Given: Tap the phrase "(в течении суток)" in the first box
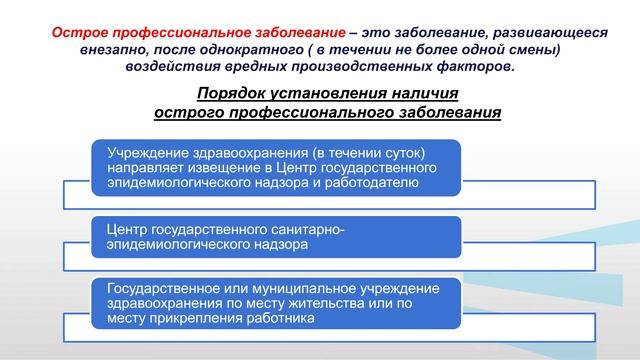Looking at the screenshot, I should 369,153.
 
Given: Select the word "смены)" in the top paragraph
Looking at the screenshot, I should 531,49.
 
